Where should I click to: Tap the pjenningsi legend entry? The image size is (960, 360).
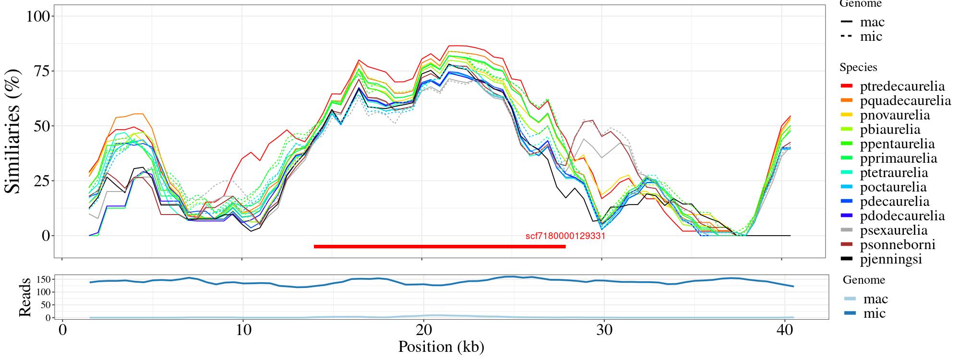[x=891, y=259]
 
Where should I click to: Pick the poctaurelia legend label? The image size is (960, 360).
[x=893, y=187]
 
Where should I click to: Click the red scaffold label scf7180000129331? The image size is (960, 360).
[x=565, y=236]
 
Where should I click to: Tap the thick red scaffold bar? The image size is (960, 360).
[x=439, y=247]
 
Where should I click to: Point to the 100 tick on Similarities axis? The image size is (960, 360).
[x=38, y=16]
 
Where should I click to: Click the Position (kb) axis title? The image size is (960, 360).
[x=441, y=347]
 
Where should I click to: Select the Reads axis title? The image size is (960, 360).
[x=24, y=297]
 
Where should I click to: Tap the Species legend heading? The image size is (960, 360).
[x=858, y=67]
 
